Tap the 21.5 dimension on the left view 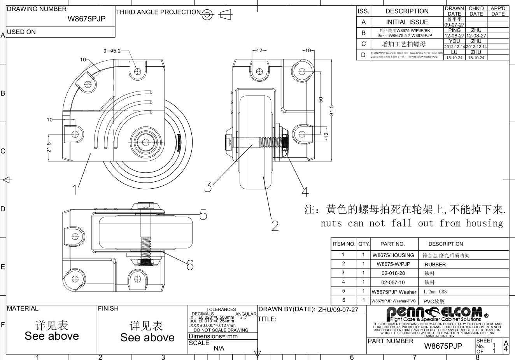[x=49, y=148]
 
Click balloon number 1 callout [x=74, y=190]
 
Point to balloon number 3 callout [x=208, y=187]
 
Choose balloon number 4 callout [x=305, y=191]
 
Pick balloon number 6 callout [x=190, y=265]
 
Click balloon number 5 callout [x=203, y=214]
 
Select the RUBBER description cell [x=435, y=264]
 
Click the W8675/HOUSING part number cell [x=393, y=255]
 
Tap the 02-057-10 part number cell [x=393, y=282]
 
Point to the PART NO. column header [x=392, y=244]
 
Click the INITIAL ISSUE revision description [x=407, y=22]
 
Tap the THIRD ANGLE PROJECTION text [x=158, y=12]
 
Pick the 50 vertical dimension [x=321, y=100]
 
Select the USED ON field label [x=21, y=32]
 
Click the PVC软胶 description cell [x=433, y=301]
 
